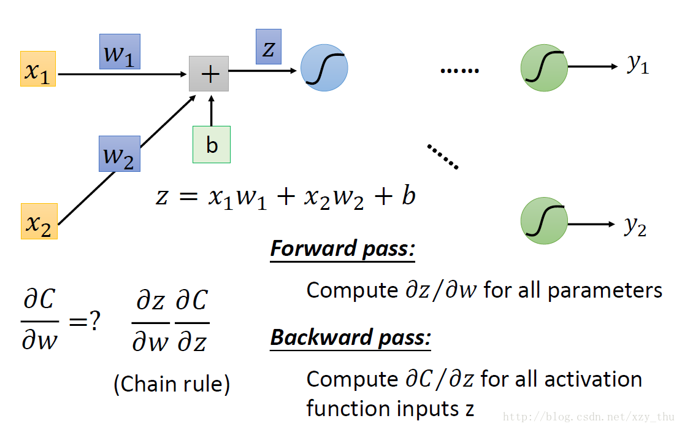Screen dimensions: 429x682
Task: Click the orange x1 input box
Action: tap(38, 69)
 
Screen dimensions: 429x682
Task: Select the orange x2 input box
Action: tap(39, 222)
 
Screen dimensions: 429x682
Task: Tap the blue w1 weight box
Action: tap(120, 52)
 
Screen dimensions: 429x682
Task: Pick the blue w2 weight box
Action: tap(120, 153)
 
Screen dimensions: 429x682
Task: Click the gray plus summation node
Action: tap(209, 74)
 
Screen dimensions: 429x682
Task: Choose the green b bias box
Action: tap(212, 145)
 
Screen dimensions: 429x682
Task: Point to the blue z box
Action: tap(269, 47)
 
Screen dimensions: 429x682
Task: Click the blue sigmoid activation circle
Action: tap(324, 68)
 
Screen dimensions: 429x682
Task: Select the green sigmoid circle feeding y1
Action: tap(544, 68)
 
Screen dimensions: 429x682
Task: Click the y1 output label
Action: tap(638, 64)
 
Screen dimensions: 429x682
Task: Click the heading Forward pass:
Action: tap(343, 249)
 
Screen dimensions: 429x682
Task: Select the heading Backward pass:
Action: tap(351, 338)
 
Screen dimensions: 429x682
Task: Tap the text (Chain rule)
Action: tap(172, 384)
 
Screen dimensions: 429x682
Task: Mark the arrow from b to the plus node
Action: tap(212, 110)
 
